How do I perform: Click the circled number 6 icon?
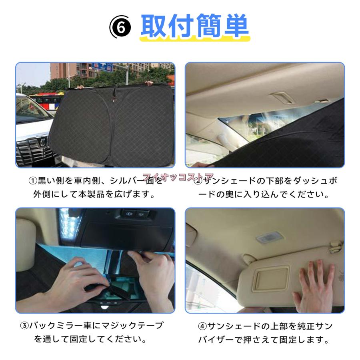point(120,28)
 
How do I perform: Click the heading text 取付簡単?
point(195,27)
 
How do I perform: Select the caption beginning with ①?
point(96,188)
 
